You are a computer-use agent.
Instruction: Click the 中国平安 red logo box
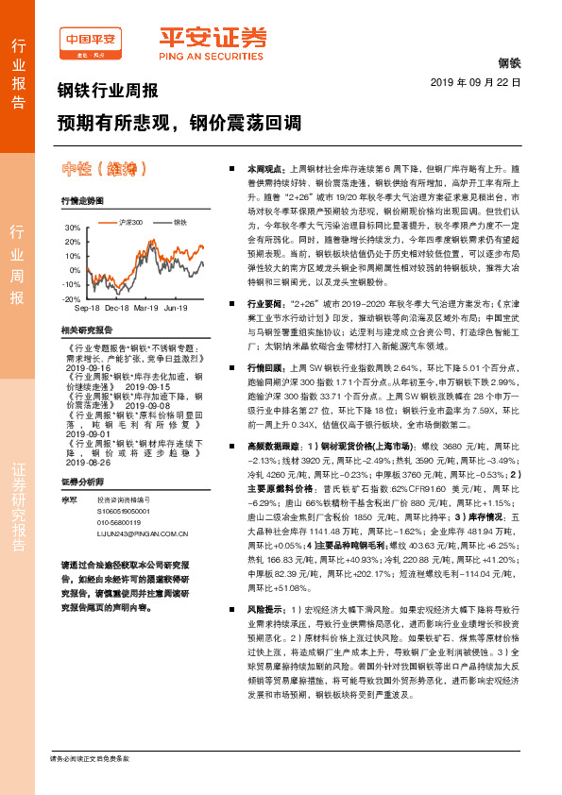point(91,39)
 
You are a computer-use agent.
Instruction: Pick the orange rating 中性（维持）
point(105,170)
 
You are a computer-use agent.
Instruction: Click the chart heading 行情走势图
point(80,201)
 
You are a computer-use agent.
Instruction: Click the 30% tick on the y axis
point(73,228)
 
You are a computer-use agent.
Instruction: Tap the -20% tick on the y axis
point(72,298)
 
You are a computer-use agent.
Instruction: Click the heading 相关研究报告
point(86,330)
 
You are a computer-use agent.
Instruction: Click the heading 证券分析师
point(80,482)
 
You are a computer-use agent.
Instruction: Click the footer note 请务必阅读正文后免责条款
point(90,758)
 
